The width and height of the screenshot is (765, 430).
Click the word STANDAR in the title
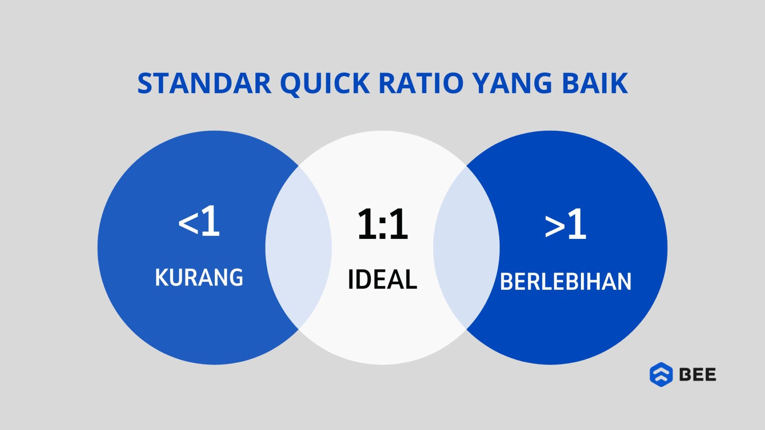204,83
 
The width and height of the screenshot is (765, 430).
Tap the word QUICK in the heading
325,83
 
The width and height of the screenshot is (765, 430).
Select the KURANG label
199,278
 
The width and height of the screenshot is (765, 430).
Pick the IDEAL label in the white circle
382,280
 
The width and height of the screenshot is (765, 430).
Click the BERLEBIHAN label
566,282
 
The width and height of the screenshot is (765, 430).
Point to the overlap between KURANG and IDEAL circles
298,248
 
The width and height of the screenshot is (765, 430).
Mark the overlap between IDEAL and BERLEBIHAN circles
466,248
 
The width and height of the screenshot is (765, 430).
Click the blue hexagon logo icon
661,374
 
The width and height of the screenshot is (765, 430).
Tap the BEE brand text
697,374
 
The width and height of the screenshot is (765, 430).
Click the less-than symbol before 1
188,225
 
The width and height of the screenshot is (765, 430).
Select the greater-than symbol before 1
555,227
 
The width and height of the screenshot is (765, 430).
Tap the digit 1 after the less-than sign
210,222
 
